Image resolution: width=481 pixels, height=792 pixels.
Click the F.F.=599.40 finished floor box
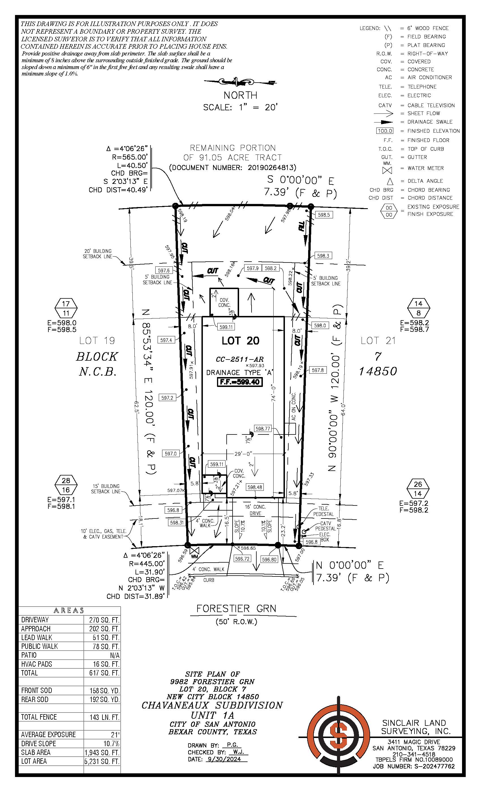click(x=240, y=382)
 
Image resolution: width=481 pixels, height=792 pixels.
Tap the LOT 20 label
click(x=240, y=341)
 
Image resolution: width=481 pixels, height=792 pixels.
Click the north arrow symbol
click(x=240, y=82)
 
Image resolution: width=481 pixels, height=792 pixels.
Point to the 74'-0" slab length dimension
click(x=273, y=393)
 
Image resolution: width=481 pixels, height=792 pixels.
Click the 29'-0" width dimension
click(x=243, y=454)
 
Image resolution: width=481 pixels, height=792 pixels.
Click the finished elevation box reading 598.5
click(x=323, y=215)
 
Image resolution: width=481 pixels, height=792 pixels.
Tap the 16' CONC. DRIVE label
click(x=255, y=510)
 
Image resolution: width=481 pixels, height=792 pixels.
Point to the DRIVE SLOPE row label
click(x=38, y=743)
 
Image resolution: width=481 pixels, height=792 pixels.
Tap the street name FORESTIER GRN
click(x=236, y=608)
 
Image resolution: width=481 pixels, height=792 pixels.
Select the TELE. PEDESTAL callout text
click(x=323, y=511)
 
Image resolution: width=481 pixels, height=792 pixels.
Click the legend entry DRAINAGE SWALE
click(x=430, y=122)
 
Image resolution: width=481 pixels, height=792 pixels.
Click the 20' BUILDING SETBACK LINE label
click(x=97, y=254)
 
